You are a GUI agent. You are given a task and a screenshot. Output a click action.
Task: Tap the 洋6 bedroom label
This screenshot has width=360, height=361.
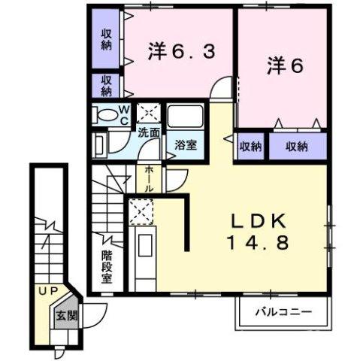(x=286, y=66)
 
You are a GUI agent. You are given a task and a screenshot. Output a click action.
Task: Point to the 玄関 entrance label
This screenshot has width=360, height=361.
(x=63, y=315)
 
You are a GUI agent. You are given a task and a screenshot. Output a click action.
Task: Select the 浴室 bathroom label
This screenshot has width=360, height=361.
(x=186, y=144)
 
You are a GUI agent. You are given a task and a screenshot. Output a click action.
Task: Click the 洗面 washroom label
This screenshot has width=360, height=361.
(x=148, y=133)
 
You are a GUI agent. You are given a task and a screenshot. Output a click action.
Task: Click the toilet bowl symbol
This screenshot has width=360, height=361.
(x=103, y=115)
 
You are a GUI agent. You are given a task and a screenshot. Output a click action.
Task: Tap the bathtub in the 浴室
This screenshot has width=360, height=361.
(x=184, y=117)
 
